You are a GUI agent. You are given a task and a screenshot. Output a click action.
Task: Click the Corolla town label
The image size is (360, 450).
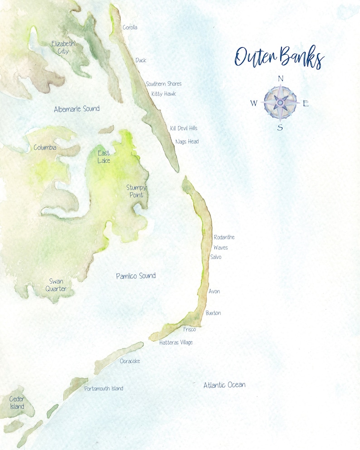[x=130, y=28]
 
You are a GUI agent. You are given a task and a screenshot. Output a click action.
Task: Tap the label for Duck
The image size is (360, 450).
[x=141, y=60]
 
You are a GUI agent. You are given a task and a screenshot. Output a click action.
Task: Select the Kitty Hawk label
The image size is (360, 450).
[x=164, y=94]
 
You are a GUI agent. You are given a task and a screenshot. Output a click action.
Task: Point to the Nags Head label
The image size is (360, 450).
[x=187, y=142]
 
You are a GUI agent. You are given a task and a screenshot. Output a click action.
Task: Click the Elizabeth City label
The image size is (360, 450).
[x=63, y=48]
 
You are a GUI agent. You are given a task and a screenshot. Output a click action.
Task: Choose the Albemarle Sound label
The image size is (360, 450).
[x=77, y=109]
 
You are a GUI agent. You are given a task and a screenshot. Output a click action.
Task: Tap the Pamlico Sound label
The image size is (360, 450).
[x=136, y=276]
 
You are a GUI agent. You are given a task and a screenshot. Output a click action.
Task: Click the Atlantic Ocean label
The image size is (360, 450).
[x=224, y=385]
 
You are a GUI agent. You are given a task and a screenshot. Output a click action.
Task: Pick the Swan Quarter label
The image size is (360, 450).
[x=56, y=285]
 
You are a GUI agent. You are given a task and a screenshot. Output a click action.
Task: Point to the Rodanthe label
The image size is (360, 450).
[x=224, y=237]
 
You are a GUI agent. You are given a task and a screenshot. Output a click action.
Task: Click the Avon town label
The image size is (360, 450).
[x=214, y=291]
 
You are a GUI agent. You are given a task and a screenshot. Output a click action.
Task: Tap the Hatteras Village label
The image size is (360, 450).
[x=176, y=342]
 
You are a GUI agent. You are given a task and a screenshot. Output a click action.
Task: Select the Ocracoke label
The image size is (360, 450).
[x=130, y=361]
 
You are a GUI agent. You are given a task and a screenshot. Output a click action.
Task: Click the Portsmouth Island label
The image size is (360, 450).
[x=104, y=389]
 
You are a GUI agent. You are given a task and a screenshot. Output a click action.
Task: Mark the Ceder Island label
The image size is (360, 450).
[x=17, y=402]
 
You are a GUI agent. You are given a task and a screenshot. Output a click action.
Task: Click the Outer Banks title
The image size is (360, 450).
[x=279, y=58]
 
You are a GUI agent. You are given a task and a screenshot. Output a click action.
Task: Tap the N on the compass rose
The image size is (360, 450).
[x=280, y=79]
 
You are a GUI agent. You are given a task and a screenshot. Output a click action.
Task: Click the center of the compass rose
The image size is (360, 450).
[x=280, y=103]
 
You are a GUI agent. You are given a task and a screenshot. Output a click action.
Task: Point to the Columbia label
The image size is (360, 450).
[x=45, y=148]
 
